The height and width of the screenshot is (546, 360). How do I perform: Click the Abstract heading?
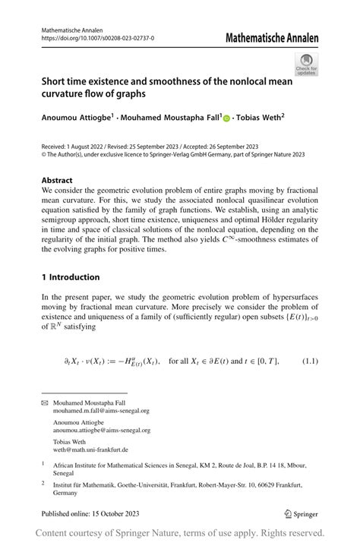click(x=58, y=181)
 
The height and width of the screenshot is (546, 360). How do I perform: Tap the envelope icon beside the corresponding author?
click(x=44, y=402)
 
